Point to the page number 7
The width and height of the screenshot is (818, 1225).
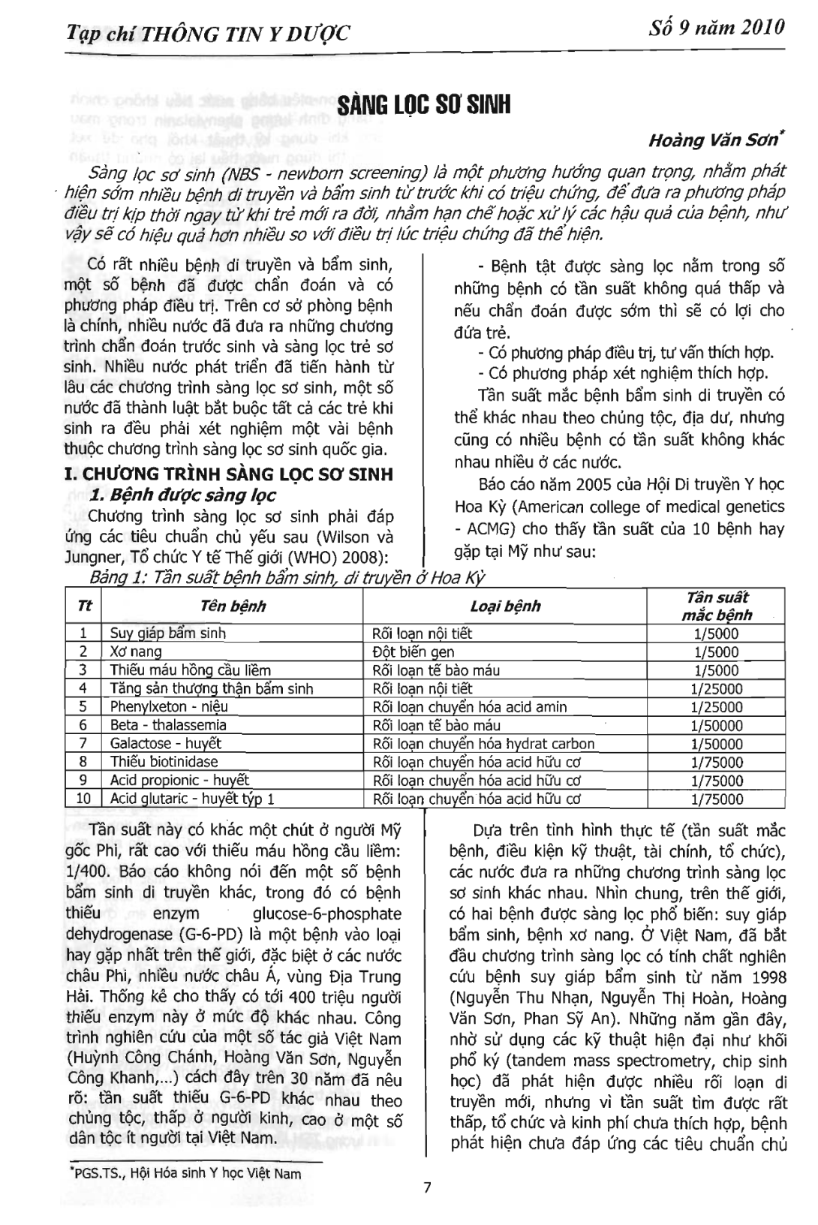[427, 1187]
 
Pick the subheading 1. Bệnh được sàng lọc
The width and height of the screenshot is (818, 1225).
[182, 495]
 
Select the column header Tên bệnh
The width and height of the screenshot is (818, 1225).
[233, 606]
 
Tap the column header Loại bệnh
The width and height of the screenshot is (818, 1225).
[505, 606]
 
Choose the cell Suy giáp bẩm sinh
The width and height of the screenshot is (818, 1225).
[167, 634]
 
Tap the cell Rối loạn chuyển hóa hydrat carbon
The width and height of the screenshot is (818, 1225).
[483, 744]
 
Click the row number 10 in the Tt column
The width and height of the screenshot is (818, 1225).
[83, 799]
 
